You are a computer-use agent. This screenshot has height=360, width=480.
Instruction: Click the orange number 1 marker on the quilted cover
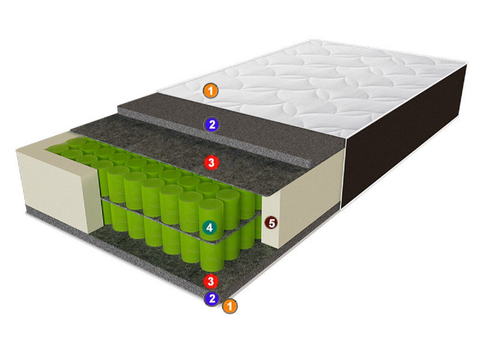pyautogui.click(x=210, y=91)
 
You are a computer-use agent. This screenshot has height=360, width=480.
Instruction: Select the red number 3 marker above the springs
pyautogui.click(x=211, y=162)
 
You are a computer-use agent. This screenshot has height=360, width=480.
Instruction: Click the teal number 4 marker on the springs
pyautogui.click(x=210, y=228)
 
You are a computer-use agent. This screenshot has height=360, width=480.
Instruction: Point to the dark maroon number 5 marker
pyautogui.click(x=271, y=223)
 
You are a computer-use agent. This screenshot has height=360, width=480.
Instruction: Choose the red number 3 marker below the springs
pyautogui.click(x=210, y=281)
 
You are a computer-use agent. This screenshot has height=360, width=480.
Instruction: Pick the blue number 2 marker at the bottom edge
pyautogui.click(x=212, y=298)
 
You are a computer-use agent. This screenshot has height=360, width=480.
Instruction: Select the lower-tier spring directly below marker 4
pyautogui.click(x=212, y=256)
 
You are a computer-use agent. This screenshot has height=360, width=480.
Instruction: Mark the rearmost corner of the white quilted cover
pyautogui.click(x=312, y=40)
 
